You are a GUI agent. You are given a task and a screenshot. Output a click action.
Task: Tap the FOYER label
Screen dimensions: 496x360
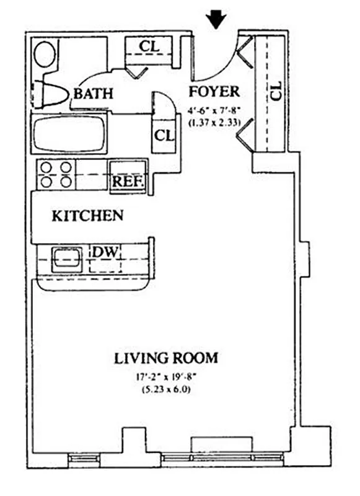(214, 92)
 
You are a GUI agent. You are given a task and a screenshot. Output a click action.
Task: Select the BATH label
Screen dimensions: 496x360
(94, 94)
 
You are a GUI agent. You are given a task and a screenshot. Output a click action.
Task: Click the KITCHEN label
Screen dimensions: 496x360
(87, 216)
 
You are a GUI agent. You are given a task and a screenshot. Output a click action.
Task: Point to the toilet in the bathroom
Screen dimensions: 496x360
(53, 94)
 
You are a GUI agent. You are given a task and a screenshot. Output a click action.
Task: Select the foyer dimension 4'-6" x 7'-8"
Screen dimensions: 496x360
(214, 111)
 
